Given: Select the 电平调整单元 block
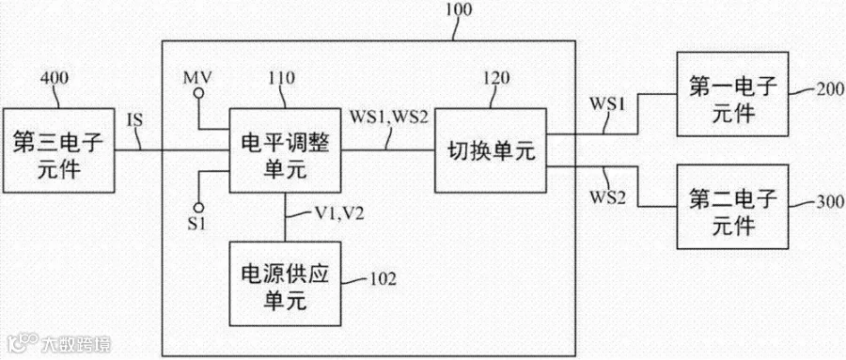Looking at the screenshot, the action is click(x=285, y=150).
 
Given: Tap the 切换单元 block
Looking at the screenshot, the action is click(x=491, y=150).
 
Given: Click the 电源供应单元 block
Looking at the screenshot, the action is click(x=285, y=284).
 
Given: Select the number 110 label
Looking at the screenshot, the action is click(x=279, y=78).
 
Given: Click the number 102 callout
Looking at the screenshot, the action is click(x=383, y=279).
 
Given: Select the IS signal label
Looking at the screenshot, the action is click(x=135, y=119).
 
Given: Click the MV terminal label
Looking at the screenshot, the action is click(x=198, y=77).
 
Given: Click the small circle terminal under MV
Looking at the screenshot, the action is click(x=199, y=94).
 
